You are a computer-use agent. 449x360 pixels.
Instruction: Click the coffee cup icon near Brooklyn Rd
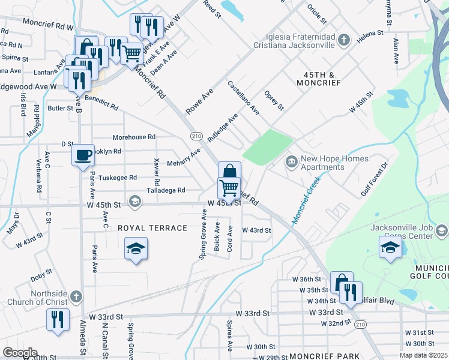pyautogui.click(x=83, y=155)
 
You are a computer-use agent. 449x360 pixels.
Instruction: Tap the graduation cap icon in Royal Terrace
pyautogui.click(x=136, y=248)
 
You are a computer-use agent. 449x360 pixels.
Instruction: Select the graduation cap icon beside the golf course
pyautogui.click(x=390, y=247)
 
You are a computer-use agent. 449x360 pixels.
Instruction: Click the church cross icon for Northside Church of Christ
pyautogui.click(x=76, y=296)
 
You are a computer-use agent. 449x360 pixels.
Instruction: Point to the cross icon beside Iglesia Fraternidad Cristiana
pyautogui.click(x=343, y=40)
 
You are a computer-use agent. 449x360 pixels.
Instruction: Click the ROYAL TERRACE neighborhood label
pyautogui.click(x=152, y=228)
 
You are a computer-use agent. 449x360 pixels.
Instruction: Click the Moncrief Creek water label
pyautogui.click(x=307, y=199)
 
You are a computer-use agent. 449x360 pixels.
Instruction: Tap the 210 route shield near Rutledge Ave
pyautogui.click(x=196, y=136)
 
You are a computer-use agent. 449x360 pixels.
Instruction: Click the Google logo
pyautogui.click(x=20, y=352)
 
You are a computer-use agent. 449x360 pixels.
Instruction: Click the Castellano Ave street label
pyautogui.click(x=243, y=98)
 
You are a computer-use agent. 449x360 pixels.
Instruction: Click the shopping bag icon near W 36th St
pyautogui.click(x=341, y=282)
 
